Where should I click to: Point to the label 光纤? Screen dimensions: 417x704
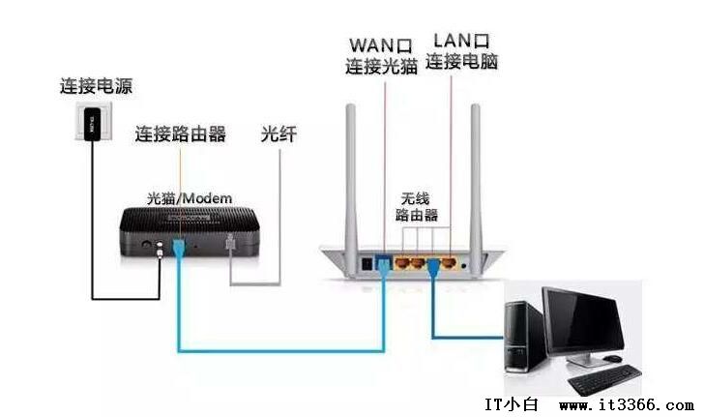tap(278, 134)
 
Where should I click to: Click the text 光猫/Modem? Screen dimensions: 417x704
tap(190, 198)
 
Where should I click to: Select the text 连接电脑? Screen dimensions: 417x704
tap(462, 62)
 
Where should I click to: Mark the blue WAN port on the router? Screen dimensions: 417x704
tap(384, 260)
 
